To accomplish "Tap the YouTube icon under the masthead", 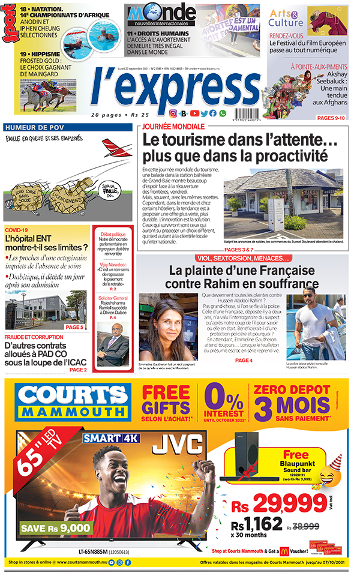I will (194, 113).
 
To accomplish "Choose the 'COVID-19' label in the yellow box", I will (17, 230).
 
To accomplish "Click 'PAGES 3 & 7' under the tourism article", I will (239, 249).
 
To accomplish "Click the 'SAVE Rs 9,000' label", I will (50, 528).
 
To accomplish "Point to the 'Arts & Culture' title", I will (286, 17).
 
